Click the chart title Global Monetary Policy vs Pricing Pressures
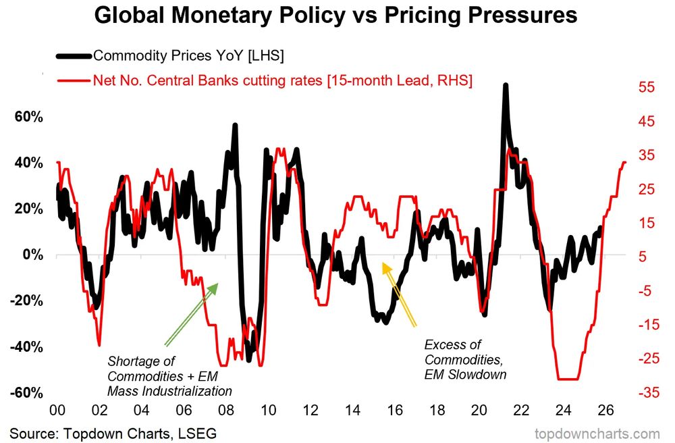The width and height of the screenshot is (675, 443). pyautogui.click(x=335, y=16)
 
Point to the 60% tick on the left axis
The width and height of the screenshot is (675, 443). pyautogui.click(x=28, y=117)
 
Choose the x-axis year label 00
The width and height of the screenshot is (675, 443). pyautogui.click(x=57, y=410)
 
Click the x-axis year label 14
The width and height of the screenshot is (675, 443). pyautogui.click(x=353, y=410)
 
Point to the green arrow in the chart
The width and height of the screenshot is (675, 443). pyautogui.click(x=192, y=313)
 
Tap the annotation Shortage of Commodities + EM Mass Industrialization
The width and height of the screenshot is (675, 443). pyautogui.click(x=169, y=376)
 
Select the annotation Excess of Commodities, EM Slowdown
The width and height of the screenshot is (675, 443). pyautogui.click(x=465, y=359)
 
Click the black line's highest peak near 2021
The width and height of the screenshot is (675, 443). pyautogui.click(x=504, y=86)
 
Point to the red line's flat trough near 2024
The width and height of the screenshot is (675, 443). pyautogui.click(x=568, y=379)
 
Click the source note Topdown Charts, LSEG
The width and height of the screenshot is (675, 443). pyautogui.click(x=113, y=432)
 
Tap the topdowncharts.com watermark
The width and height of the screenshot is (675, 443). pyautogui.click(x=597, y=432)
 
